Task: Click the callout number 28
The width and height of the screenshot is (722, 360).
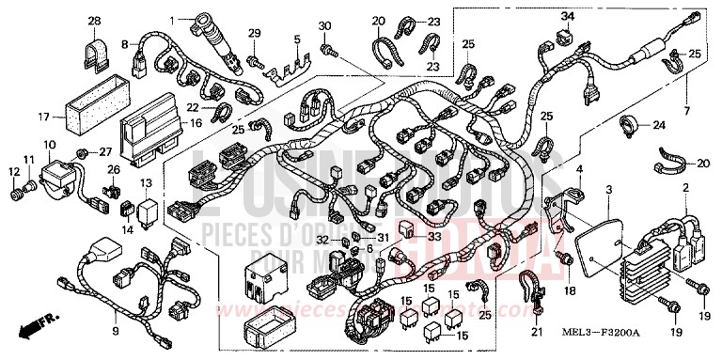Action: [x=94, y=20]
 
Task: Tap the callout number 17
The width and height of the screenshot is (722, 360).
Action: [x=43, y=117]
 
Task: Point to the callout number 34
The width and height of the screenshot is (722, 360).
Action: [x=567, y=16]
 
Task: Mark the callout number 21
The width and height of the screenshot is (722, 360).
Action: [x=537, y=332]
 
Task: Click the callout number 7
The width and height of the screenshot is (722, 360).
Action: [x=686, y=110]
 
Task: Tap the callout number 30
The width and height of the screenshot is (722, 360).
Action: [x=324, y=24]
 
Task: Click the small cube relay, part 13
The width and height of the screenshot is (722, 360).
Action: [x=148, y=208]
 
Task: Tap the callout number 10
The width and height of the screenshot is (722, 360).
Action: [x=49, y=144]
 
